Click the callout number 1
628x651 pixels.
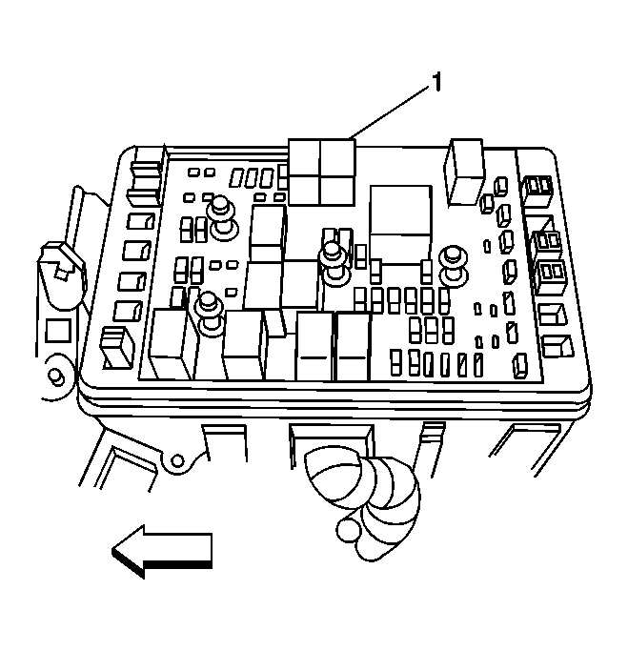[436, 82]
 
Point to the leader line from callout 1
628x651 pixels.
[390, 112]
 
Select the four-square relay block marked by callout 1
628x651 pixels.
[322, 172]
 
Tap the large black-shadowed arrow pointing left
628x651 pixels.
[162, 551]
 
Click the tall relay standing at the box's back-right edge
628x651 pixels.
[465, 172]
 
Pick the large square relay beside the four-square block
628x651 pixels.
[401, 225]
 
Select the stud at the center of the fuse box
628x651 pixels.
[334, 263]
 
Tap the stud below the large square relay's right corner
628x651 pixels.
[454, 266]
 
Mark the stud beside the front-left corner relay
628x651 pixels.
[210, 314]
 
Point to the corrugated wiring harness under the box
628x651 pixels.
[365, 498]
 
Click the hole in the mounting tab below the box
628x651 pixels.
[177, 461]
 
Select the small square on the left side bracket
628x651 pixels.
[58, 331]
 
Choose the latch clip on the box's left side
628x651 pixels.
[62, 266]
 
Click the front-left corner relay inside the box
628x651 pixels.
[171, 344]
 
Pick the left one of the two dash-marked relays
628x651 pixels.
[314, 347]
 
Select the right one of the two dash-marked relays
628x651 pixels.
[352, 347]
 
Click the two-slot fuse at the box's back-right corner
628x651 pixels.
[537, 191]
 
